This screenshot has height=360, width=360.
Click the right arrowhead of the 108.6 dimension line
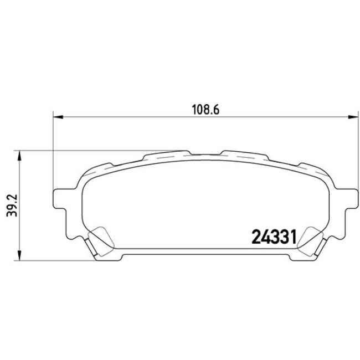tap(349, 117)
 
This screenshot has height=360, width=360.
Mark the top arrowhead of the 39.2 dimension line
tap(20, 153)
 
